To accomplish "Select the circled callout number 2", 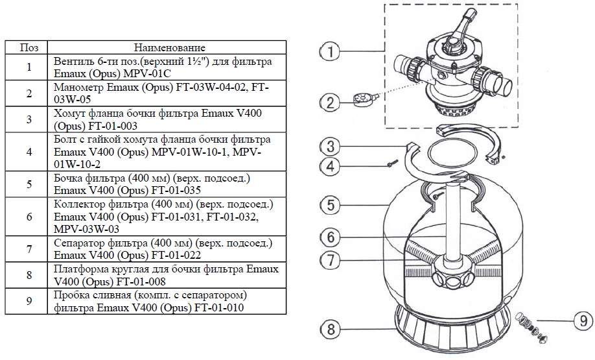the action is coord(330,102).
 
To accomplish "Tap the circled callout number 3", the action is coord(330,146).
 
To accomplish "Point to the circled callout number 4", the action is coord(330,166).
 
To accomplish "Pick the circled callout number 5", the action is coord(330,205).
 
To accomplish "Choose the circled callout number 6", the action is coord(330,237).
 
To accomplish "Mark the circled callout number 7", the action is coord(330,260).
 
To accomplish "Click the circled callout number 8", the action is coord(330,329).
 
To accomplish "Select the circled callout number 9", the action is coord(583,321).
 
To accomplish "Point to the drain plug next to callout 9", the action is coord(531,326).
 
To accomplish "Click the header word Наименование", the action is coord(170,48).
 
